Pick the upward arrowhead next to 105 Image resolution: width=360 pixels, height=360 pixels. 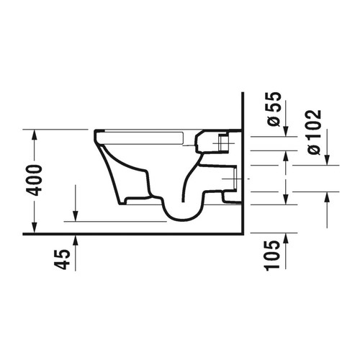pos(287,238)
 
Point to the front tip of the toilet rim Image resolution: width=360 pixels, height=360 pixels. pos(95,133)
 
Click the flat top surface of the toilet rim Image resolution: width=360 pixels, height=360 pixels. pos(144,131)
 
